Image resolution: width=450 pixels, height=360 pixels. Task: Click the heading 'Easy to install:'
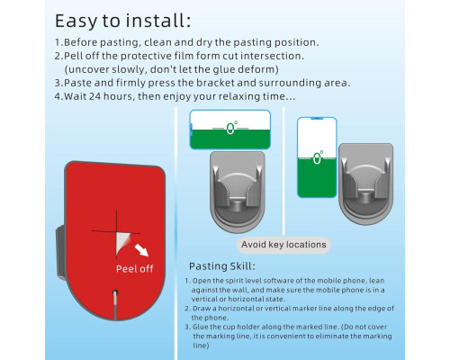click(x=122, y=21)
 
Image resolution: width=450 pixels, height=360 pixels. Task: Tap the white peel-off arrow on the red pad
click(x=141, y=250)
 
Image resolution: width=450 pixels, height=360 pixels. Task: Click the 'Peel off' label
click(x=135, y=269)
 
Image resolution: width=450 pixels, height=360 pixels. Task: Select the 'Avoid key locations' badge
click(x=283, y=245)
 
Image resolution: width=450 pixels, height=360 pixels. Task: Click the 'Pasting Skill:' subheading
click(x=222, y=266)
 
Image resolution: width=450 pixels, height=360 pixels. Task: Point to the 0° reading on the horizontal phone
click(x=231, y=128)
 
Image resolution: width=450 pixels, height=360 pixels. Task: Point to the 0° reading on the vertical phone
click(x=318, y=157)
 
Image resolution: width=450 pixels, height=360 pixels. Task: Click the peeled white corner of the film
click(x=122, y=243)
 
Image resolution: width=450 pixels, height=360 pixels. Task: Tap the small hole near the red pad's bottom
click(x=115, y=292)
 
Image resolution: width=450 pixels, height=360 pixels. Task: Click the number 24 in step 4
click(x=94, y=96)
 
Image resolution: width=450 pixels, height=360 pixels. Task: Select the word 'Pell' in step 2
click(x=74, y=56)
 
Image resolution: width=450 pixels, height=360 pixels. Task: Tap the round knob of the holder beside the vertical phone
click(x=365, y=197)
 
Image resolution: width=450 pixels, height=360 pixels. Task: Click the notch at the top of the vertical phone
click(x=317, y=119)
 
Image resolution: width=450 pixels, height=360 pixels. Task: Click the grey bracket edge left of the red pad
click(x=60, y=252)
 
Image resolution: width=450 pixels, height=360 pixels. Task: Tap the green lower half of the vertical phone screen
click(x=317, y=177)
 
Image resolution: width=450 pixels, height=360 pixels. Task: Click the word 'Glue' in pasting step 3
click(x=200, y=327)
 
